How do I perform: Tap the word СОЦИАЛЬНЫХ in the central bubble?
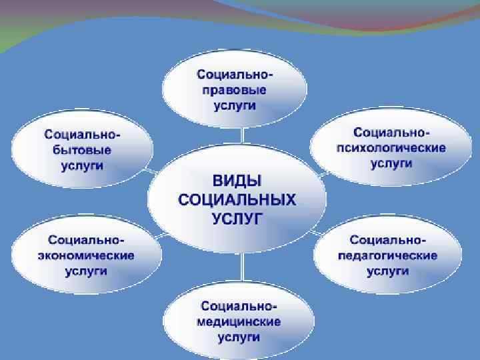pos(237,200)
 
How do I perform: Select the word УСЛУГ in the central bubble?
pos(237,218)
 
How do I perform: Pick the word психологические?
pos(391,147)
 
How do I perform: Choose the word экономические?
pos(86,255)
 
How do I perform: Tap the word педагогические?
pos(387,255)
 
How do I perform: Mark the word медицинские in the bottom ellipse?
pos(238,321)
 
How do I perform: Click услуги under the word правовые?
pos(235,107)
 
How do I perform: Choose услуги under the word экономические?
pos(85,271)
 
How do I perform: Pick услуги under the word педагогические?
pos(387,271)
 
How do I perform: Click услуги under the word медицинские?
pos(238,337)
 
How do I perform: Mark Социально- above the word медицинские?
pos(239,306)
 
